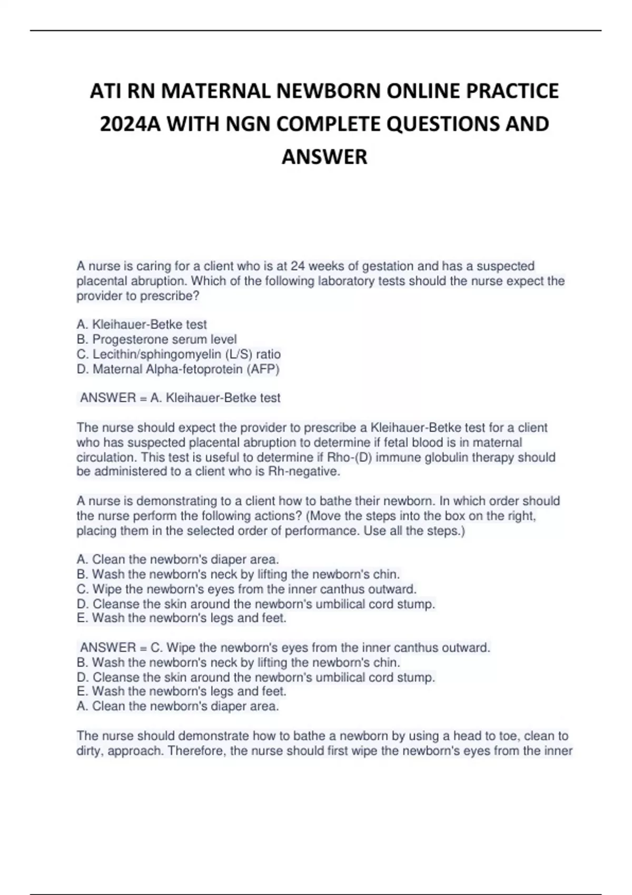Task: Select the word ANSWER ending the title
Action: (x=324, y=157)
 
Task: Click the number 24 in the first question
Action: (x=298, y=266)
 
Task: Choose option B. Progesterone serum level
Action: (x=156, y=340)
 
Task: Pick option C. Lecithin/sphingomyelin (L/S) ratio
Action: (x=178, y=354)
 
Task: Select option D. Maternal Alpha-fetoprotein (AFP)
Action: (x=177, y=369)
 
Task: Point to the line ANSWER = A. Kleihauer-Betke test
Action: (x=180, y=398)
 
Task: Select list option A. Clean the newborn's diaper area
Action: (x=177, y=559)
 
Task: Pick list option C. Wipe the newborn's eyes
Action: (x=246, y=589)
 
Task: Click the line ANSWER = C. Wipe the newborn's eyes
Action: (x=285, y=648)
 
